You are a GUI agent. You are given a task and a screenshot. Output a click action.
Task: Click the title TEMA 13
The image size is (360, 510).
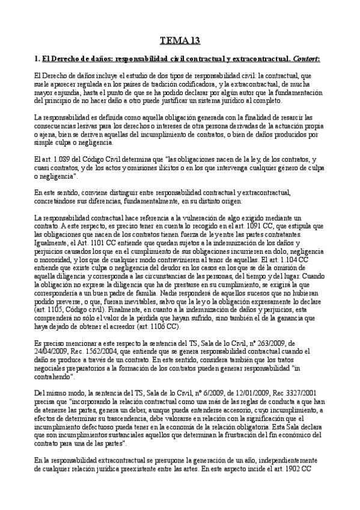click(x=180, y=41)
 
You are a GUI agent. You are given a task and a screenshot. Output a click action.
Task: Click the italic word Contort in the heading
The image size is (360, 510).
click(x=305, y=60)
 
